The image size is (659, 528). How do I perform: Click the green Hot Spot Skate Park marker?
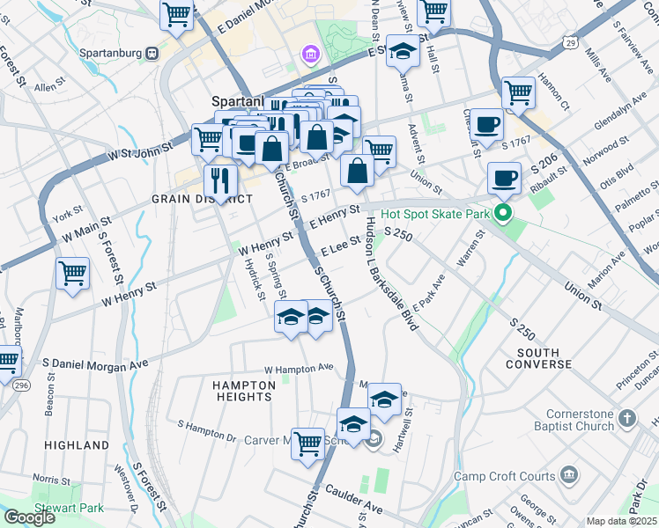point(503,213)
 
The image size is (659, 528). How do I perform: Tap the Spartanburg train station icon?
point(152,52)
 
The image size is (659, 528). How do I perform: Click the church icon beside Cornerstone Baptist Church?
point(626,418)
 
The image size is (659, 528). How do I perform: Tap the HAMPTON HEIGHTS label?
point(243,391)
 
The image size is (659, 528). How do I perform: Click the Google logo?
point(29,517)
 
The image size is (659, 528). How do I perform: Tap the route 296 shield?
point(21,385)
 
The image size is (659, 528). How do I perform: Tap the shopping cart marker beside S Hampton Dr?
point(307,443)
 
